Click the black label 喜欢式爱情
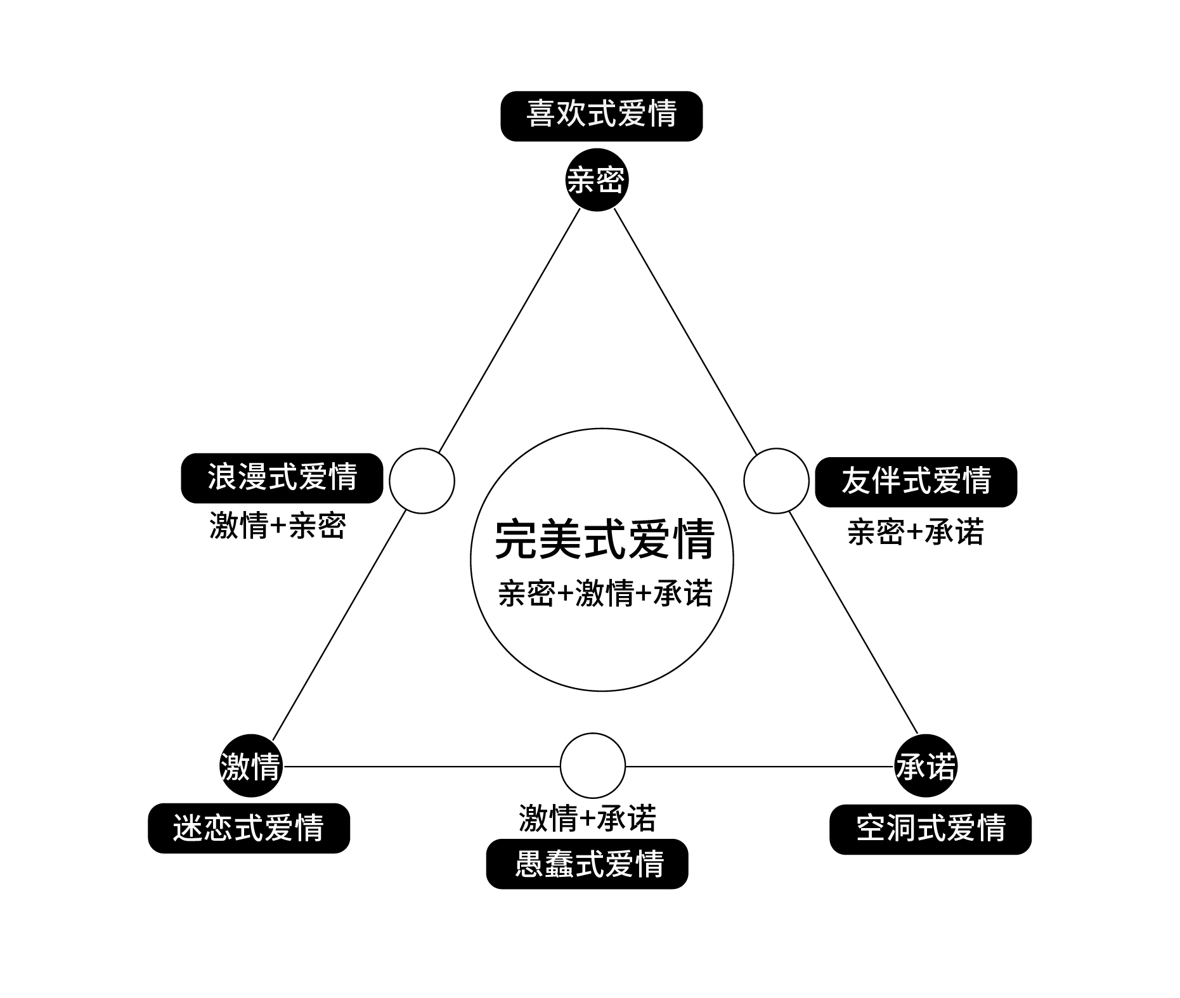(x=601, y=116)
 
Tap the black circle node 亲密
(x=596, y=180)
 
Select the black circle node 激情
(x=250, y=766)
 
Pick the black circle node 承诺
(x=925, y=766)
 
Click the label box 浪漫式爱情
(x=282, y=478)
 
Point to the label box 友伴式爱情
(x=916, y=482)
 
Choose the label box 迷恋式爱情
(x=249, y=828)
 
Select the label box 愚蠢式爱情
(x=587, y=864)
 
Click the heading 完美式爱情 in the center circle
(x=604, y=540)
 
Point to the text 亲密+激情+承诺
(x=605, y=593)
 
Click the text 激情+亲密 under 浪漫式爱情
(x=278, y=526)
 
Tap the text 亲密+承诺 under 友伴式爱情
(x=915, y=532)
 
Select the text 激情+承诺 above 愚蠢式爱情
(x=587, y=817)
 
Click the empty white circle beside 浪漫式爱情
(x=422, y=481)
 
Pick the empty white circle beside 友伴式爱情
(x=776, y=481)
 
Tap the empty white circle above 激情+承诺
(x=593, y=765)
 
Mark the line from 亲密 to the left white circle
(x=509, y=330)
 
